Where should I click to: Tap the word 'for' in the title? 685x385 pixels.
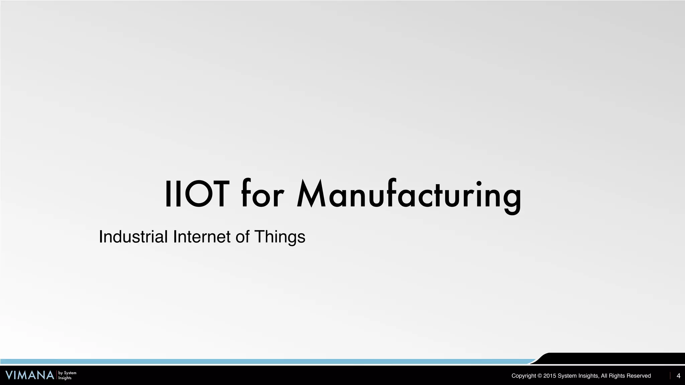262,195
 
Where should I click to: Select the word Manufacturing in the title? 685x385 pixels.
409,196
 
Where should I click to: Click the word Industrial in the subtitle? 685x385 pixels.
133,237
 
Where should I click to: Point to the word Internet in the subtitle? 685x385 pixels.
202,237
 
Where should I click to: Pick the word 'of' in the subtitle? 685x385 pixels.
242,237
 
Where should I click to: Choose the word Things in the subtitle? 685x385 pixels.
280,237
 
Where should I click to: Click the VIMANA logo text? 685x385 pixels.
30,375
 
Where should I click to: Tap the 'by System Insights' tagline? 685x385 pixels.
67,375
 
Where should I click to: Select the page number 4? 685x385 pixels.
678,376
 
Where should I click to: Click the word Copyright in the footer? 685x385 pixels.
523,376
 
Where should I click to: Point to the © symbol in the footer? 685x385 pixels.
540,376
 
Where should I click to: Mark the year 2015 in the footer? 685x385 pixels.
550,376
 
